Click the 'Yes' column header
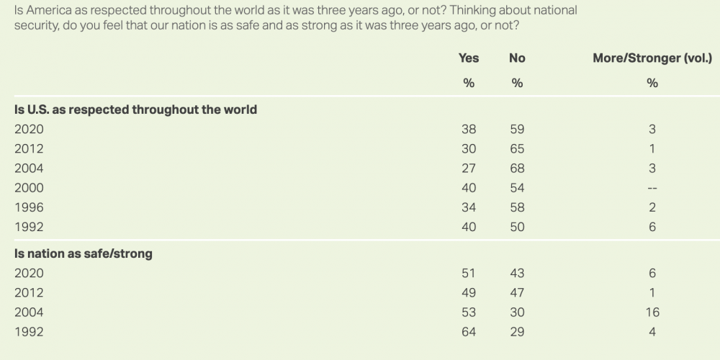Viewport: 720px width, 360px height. click(x=469, y=58)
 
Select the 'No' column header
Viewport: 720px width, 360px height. click(x=517, y=58)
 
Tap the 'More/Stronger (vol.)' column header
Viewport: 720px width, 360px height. click(x=652, y=58)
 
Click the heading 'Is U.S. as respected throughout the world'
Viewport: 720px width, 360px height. click(x=136, y=110)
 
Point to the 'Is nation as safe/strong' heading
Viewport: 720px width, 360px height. click(x=84, y=253)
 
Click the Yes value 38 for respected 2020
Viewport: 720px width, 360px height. click(x=469, y=130)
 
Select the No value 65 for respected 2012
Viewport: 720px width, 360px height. click(x=517, y=149)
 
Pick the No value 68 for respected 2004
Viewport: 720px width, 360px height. click(x=517, y=168)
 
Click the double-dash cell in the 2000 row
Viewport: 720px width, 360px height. click(x=652, y=188)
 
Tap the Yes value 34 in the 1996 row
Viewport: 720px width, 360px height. click(x=469, y=207)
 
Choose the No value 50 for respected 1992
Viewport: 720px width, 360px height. click(x=517, y=227)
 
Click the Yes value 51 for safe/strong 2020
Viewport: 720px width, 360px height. click(x=469, y=273)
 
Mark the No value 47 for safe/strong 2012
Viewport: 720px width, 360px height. click(x=517, y=292)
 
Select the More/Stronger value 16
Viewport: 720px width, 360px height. click(x=652, y=312)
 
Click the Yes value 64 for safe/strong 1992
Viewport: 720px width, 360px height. click(x=469, y=331)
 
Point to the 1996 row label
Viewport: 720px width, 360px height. click(x=29, y=207)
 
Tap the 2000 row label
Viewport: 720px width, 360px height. click(x=29, y=188)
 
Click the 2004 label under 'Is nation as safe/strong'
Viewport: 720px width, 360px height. click(x=29, y=312)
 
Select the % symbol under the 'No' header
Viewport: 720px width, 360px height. click(x=517, y=83)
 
